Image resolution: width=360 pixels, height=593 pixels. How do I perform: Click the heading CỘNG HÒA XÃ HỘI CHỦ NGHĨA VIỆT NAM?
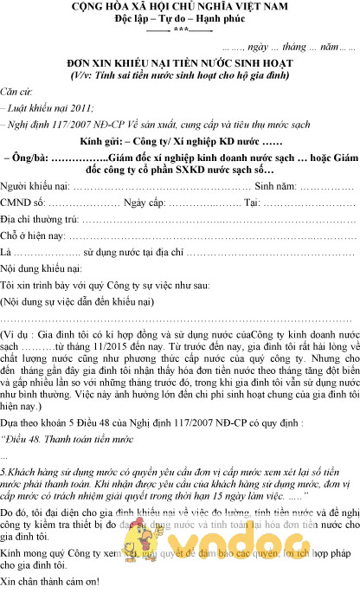pos(180,8)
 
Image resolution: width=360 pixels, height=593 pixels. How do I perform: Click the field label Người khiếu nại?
pos(35,187)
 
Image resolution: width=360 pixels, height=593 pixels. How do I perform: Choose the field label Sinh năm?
pos(276,187)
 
